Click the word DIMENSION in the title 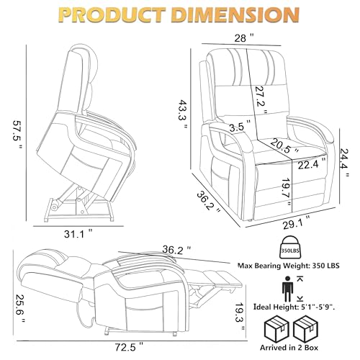[236, 14]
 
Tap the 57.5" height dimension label [17, 135]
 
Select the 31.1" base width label [78, 234]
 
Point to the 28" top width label [244, 38]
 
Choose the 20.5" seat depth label [284, 146]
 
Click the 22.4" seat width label [312, 163]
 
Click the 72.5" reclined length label [130, 347]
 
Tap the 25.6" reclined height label [19, 308]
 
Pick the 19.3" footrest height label [240, 315]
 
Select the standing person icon [288, 289]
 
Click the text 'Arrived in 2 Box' [289, 347]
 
